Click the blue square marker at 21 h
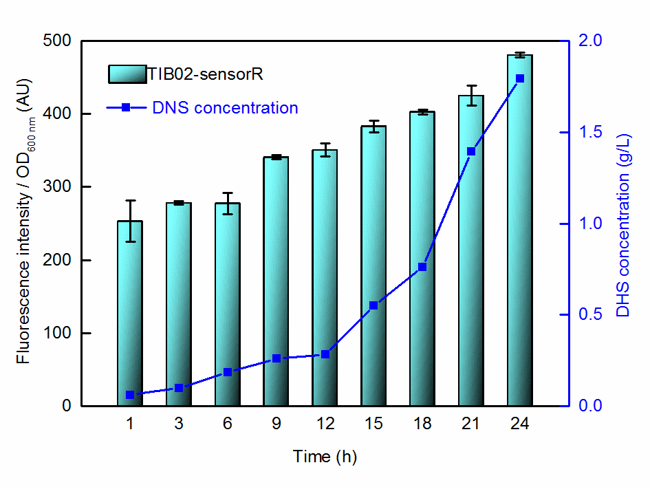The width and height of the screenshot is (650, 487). pos(471,151)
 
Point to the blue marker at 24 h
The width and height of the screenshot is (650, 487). pos(519,78)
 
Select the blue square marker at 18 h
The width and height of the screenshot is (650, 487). pos(422,267)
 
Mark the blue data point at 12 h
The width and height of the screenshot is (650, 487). pos(325,354)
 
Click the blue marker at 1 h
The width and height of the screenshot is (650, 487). pos(130,395)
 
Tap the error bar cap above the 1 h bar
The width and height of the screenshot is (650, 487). pos(130,201)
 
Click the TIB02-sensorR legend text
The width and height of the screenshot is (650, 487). pos(204,74)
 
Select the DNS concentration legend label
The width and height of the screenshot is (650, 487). pos(225,108)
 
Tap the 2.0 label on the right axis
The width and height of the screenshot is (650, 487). pos(591,41)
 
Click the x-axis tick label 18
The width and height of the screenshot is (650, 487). pos(422,424)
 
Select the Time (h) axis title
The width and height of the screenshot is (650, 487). pos(325,456)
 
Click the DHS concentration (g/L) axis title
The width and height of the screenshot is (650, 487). pos(622,224)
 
